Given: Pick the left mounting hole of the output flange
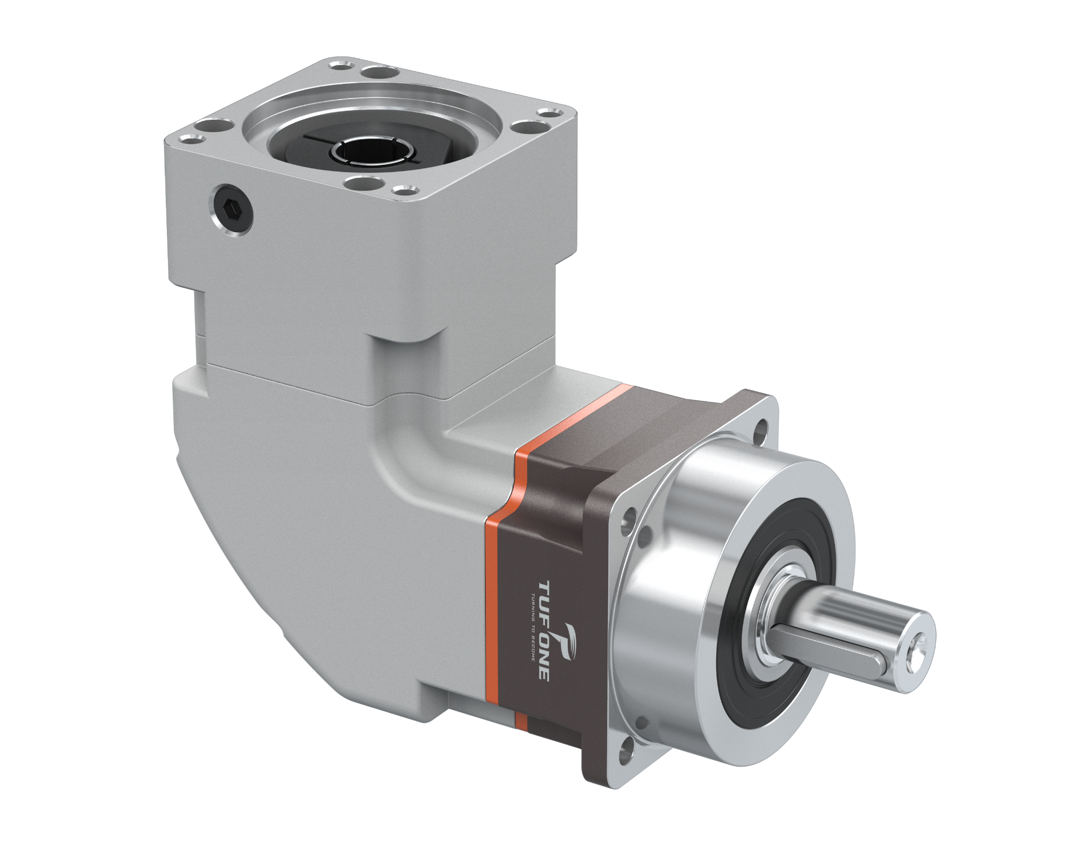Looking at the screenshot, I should (629, 519).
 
